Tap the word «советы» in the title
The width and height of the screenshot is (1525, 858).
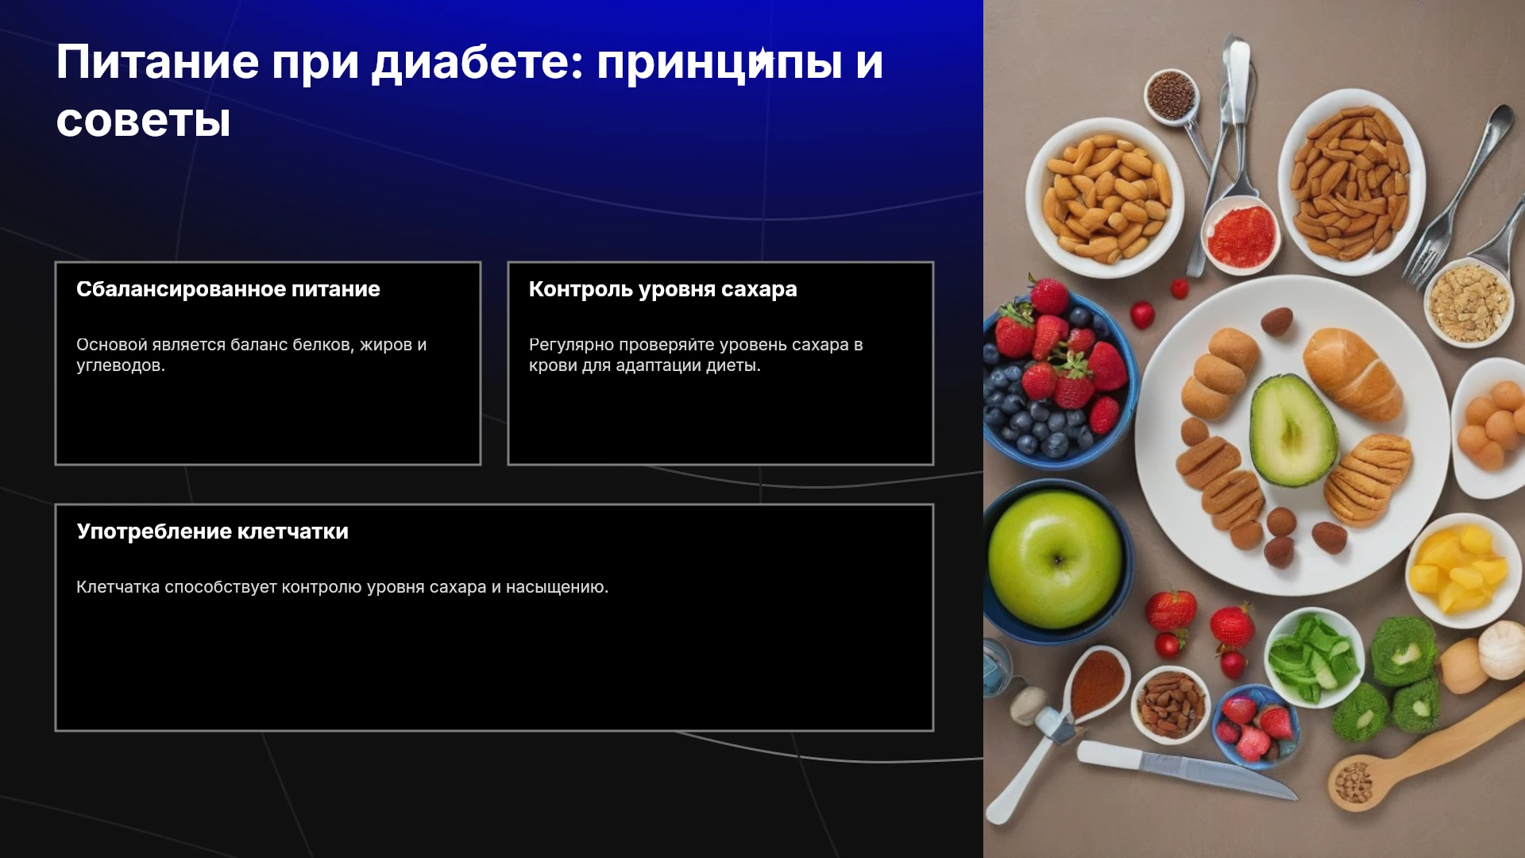(x=143, y=121)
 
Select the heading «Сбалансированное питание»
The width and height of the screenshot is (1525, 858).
(x=228, y=289)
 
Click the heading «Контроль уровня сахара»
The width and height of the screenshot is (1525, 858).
(x=662, y=289)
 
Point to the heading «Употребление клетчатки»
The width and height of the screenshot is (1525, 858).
(x=212, y=531)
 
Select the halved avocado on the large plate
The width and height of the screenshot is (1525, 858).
(x=1293, y=431)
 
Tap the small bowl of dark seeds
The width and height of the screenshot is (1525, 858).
(x=1171, y=95)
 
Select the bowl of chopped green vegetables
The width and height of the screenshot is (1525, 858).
(x=1312, y=656)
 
